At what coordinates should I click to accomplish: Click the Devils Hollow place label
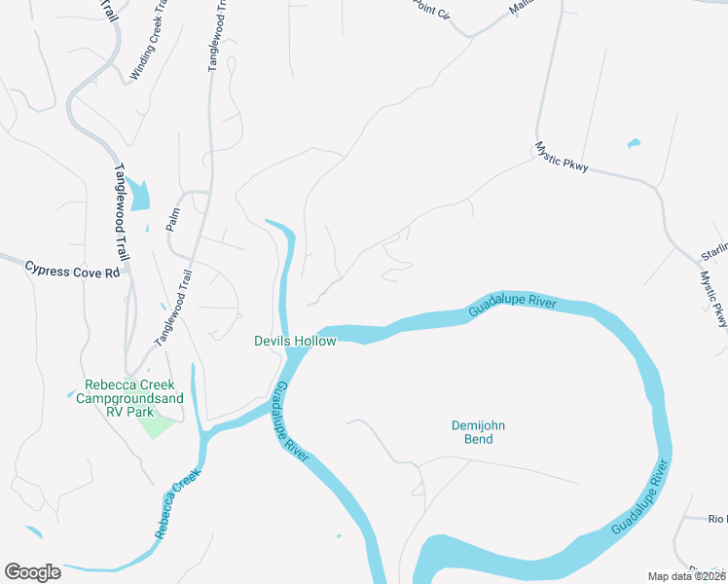point(295,341)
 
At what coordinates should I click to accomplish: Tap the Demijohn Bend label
point(479,432)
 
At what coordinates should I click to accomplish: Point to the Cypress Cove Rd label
point(71,269)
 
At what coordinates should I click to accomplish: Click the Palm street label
point(173,218)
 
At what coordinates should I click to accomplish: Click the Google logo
point(32,572)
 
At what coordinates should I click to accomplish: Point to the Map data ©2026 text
point(687,576)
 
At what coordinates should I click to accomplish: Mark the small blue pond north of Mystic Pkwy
point(634,144)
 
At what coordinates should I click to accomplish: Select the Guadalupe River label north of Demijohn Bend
point(512,306)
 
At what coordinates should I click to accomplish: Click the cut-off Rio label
point(716,520)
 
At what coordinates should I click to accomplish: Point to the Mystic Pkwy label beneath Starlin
point(714,298)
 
